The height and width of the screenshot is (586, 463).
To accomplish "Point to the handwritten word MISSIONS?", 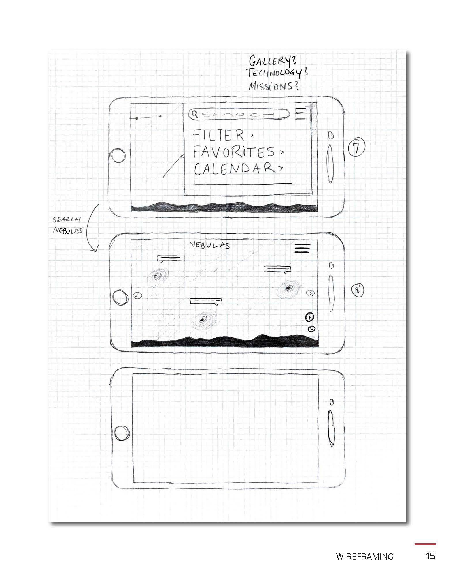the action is pyautogui.click(x=273, y=86).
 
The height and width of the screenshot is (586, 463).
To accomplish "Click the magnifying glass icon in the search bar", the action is pyautogui.click(x=195, y=114).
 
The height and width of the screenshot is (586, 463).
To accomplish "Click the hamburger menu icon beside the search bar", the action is pyautogui.click(x=300, y=113).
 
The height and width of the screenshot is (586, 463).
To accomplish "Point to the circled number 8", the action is pyautogui.click(x=358, y=290).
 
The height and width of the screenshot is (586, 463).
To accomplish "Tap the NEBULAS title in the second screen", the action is pyautogui.click(x=209, y=245).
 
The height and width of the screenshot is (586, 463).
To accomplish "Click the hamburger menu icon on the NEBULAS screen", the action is pyautogui.click(x=303, y=248).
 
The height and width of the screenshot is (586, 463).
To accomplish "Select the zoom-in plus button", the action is pyautogui.click(x=309, y=317).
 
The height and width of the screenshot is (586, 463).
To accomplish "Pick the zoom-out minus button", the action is pyautogui.click(x=311, y=329).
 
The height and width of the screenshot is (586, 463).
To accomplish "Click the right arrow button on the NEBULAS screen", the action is pyautogui.click(x=311, y=293).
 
